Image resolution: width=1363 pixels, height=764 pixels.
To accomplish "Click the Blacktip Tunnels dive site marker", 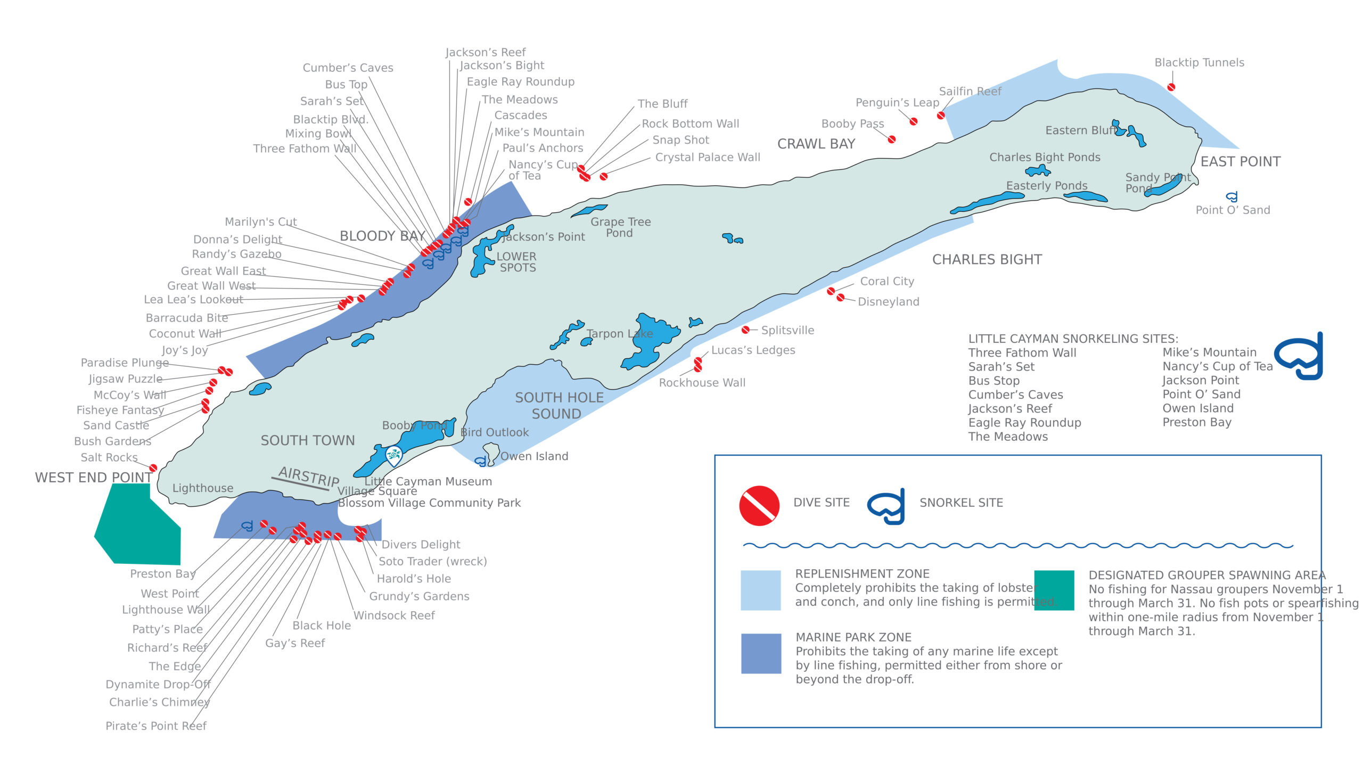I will coord(1171,87).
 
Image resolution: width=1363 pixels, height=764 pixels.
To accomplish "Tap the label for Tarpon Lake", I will coord(619,334).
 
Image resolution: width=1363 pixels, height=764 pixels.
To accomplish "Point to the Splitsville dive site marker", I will coord(746,330).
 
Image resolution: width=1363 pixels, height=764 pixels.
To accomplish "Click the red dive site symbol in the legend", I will coord(759,505).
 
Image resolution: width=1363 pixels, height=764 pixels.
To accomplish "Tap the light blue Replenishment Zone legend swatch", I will coord(760,590).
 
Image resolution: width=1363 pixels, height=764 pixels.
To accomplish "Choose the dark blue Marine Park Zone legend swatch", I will coord(761,653).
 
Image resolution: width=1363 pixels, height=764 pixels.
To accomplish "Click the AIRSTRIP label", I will coord(308,475).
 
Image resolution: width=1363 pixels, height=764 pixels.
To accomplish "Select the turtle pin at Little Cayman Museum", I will coord(393,456).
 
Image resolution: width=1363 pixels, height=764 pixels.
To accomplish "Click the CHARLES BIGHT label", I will coord(987,260).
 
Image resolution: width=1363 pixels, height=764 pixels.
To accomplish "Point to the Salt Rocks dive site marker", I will coord(153,468).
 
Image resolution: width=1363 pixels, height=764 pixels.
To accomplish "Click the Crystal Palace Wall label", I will coord(707,158).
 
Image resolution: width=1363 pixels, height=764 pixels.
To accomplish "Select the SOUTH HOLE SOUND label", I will coord(559,406).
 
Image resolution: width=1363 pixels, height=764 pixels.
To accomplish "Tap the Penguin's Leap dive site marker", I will coord(914,121).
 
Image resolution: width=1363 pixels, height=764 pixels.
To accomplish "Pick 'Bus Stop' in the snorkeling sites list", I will coord(993,381).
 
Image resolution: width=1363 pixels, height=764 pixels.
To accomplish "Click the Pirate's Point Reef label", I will coord(155,726).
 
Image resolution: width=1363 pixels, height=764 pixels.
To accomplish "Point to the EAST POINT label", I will coord(1240,162).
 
